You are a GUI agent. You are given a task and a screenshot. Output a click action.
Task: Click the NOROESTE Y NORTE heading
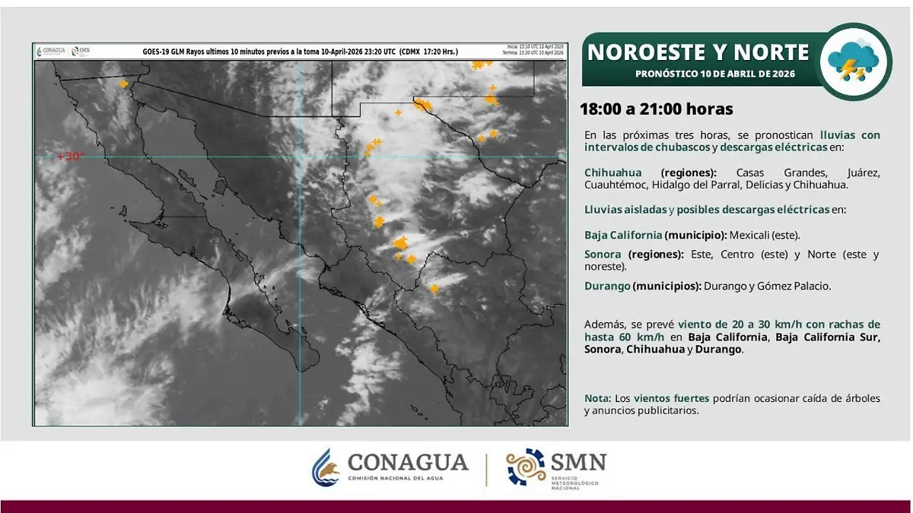[698, 52]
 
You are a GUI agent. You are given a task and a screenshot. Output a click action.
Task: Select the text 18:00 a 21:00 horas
[656, 109]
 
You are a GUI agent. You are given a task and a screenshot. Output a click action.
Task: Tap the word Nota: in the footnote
[597, 398]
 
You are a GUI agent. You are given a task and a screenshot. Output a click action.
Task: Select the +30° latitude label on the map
[71, 157]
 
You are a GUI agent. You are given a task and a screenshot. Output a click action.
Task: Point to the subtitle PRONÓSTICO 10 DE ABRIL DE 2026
[715, 74]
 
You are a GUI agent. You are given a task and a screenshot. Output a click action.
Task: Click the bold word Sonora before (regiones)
[603, 254]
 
